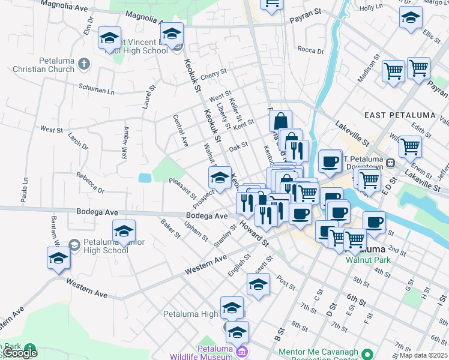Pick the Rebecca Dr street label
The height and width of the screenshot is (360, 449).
(x=90, y=183)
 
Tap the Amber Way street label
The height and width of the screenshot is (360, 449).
(x=125, y=142)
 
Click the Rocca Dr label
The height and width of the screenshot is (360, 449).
(x=310, y=50)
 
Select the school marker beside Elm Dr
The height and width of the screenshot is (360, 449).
(x=109, y=38)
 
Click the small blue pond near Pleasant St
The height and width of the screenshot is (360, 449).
(x=144, y=178)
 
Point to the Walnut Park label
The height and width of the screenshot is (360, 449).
(x=368, y=260)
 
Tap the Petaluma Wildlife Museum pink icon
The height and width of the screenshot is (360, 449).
(x=242, y=351)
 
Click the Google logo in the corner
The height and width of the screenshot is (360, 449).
(x=20, y=353)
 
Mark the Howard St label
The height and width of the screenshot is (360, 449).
(x=255, y=234)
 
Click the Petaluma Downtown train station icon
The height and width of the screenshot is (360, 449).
(x=390, y=162)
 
